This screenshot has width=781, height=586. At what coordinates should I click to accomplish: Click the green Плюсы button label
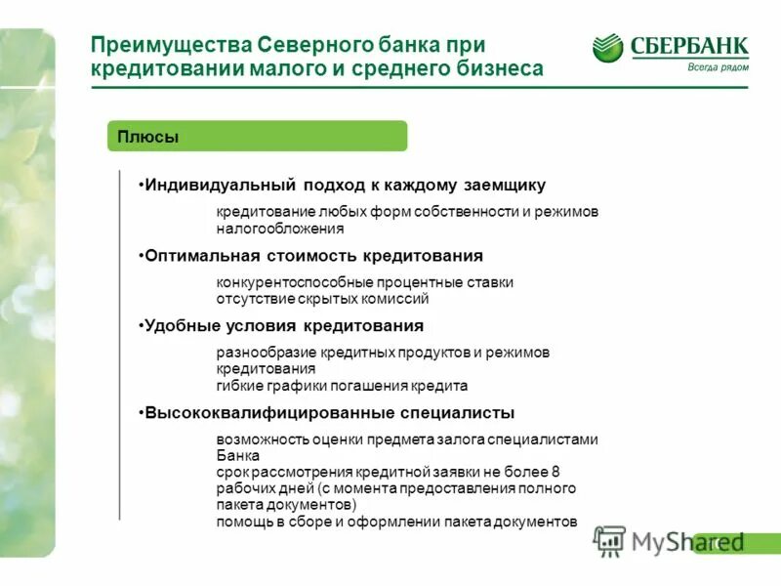[147, 137]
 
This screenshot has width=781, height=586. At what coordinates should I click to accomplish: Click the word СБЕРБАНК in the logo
[688, 46]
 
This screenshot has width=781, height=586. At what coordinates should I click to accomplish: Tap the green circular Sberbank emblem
[607, 48]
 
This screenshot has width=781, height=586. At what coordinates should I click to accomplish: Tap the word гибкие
[237, 386]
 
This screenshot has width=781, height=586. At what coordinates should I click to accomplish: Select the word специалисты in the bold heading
[453, 413]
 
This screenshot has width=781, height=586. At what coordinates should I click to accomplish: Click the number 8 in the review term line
[555, 472]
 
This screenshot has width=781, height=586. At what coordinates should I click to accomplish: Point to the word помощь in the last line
[242, 522]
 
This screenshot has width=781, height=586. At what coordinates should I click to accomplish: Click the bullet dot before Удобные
[141, 326]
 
